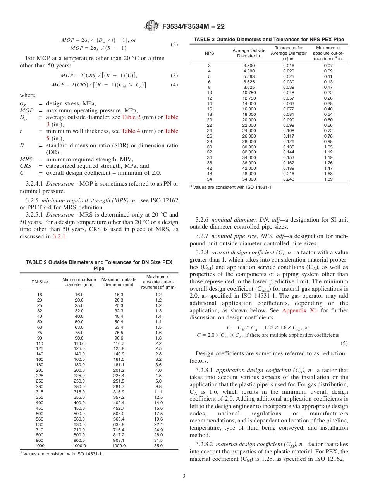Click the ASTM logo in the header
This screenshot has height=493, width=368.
[x=151, y=26]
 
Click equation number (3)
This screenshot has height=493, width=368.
[x=174, y=75]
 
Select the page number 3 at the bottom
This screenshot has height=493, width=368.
[x=184, y=476]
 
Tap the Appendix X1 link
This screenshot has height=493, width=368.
[x=297, y=310]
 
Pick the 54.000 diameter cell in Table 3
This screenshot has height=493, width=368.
[x=249, y=179]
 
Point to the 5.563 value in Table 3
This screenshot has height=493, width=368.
[x=249, y=76]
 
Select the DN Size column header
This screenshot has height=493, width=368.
[x=40, y=282]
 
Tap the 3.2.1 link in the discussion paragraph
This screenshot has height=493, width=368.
[x=60, y=236]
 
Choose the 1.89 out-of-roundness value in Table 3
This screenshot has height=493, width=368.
[x=328, y=179]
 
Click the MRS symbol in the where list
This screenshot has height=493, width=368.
[x=26, y=159]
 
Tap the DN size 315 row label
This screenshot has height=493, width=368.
[x=40, y=392]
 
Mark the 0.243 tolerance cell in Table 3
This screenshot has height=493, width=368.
[x=289, y=179]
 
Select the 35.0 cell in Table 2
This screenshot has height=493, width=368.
[x=158, y=446]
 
